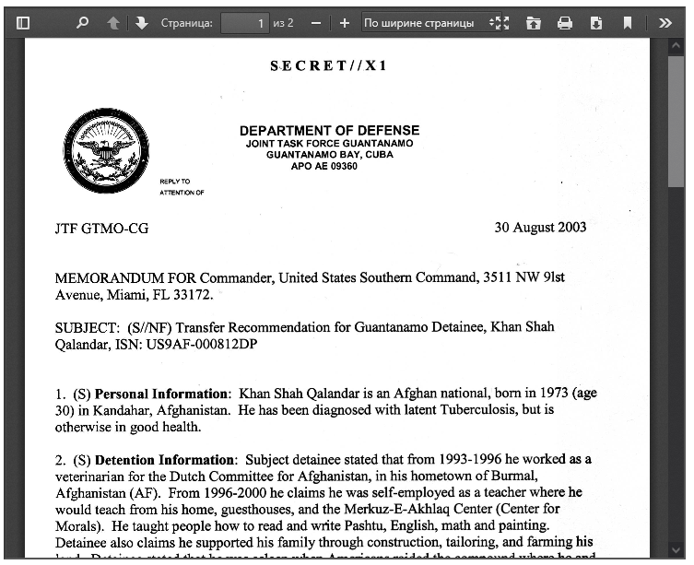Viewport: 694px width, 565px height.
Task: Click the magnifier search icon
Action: click(83, 22)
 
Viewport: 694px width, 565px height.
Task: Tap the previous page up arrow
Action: click(113, 22)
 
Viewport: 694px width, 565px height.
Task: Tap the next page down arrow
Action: click(141, 22)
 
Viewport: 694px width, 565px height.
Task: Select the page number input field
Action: click(245, 22)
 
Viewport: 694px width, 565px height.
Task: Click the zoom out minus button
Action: click(316, 22)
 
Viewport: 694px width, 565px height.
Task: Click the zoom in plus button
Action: click(345, 22)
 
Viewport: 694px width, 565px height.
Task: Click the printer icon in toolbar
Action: click(565, 22)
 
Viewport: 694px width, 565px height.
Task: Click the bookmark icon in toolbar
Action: click(628, 22)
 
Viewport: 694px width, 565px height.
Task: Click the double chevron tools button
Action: click(665, 22)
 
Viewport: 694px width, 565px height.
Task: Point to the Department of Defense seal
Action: click(107, 150)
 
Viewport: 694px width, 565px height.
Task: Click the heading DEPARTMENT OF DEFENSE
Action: click(329, 131)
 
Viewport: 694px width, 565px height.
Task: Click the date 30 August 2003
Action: click(540, 228)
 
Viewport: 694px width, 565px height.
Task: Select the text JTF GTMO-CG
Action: click(101, 229)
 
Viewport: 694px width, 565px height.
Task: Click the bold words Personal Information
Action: click(161, 394)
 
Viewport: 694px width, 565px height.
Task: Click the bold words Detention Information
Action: click(164, 460)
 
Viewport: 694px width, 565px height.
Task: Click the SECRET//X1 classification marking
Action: click(329, 66)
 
